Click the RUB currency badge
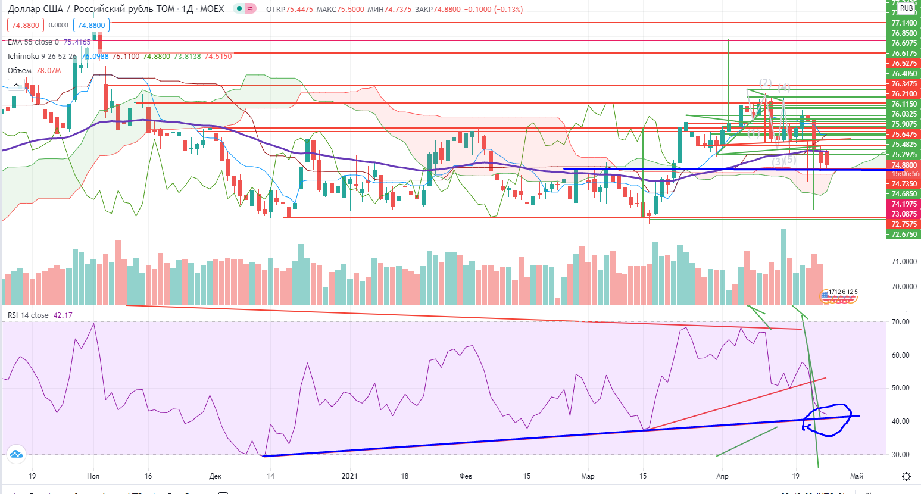tap(906, 8)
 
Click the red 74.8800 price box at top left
tap(26, 25)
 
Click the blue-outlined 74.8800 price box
tap(91, 25)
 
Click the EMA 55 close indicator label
tap(33, 42)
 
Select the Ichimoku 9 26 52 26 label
tap(42, 57)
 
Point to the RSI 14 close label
tap(28, 315)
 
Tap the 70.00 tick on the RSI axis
tap(900, 322)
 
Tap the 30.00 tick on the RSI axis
tap(900, 455)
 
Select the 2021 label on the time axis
tap(349, 476)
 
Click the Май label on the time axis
tap(857, 476)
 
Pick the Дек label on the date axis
tap(216, 476)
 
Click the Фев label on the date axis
tap(466, 476)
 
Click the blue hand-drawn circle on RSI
tap(828, 420)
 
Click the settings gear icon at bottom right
tap(906, 476)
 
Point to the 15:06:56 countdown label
tap(904, 174)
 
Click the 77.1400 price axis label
tap(904, 23)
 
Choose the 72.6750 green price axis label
tap(904, 235)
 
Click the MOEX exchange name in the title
tap(212, 9)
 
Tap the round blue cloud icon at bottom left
tap(16, 454)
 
